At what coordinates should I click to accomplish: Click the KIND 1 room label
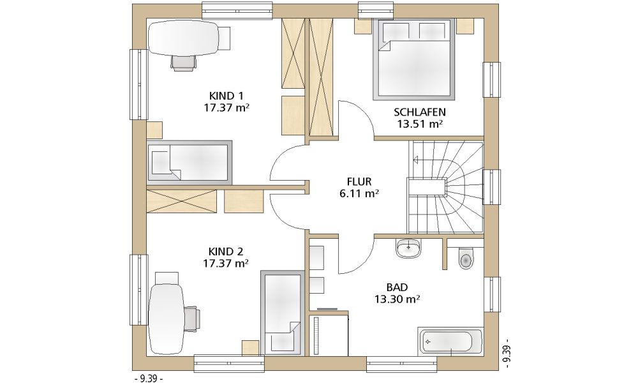pyautogui.click(x=226, y=96)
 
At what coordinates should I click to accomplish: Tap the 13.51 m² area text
pyautogui.click(x=420, y=124)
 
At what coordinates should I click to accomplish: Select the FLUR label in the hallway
pyautogui.click(x=359, y=181)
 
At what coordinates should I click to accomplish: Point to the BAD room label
pyautogui.click(x=397, y=287)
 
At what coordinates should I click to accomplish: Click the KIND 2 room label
pyautogui.click(x=226, y=251)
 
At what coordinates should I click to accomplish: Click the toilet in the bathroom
pyautogui.click(x=466, y=258)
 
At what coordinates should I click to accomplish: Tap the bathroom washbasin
pyautogui.click(x=408, y=248)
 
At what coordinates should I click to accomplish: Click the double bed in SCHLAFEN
pyautogui.click(x=414, y=59)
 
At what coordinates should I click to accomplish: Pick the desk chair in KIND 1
pyautogui.click(x=183, y=63)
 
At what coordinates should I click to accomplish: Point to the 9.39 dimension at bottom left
pyautogui.click(x=149, y=379)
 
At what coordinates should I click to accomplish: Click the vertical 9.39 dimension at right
pyautogui.click(x=507, y=353)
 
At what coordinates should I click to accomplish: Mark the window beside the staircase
pyautogui.click(x=491, y=186)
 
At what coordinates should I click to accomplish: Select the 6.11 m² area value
pyautogui.click(x=359, y=194)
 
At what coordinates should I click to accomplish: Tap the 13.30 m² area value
pyautogui.click(x=397, y=299)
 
